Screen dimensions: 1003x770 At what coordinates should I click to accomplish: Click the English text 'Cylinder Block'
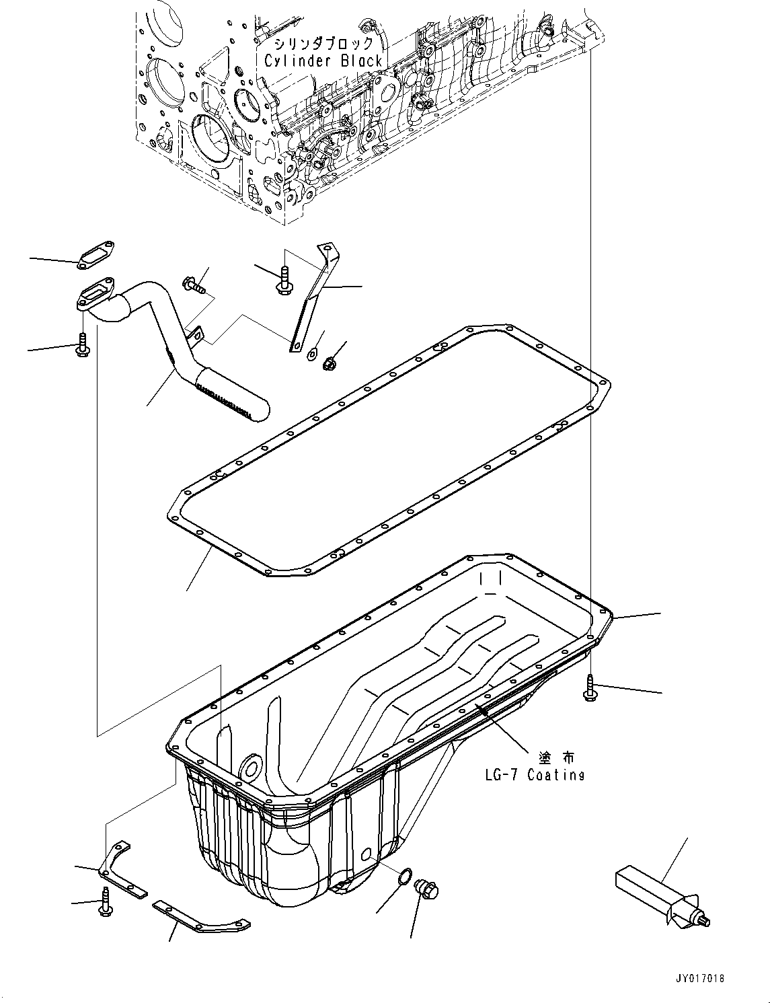323,61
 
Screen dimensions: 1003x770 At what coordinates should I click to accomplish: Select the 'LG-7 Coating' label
535,774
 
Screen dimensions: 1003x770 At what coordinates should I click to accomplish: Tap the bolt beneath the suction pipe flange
82,346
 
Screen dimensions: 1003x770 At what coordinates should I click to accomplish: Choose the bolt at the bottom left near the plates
106,901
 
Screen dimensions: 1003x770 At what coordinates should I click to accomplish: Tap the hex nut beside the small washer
330,364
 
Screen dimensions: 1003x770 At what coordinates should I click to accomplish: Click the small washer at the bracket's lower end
313,352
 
